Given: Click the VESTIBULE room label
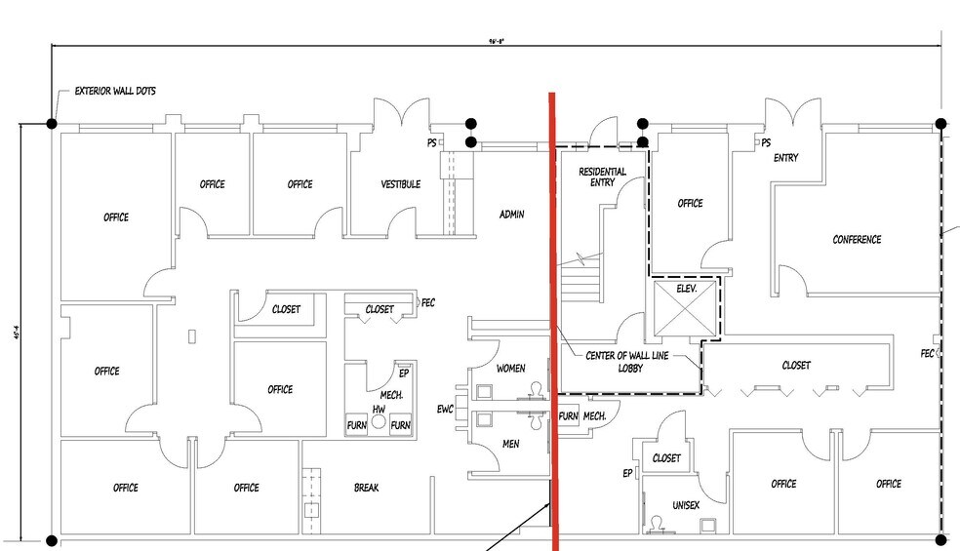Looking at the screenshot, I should pos(400,184).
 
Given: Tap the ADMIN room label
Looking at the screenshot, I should pos(512,215).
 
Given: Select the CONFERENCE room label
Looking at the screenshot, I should pos(857,240).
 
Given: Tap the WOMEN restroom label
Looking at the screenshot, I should pos(511,369).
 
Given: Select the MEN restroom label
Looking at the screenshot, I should pos(511,444).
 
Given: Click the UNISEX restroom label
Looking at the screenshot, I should pos(686,506).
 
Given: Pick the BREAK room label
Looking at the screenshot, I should pos(367,488).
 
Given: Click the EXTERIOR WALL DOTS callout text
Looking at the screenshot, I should pos(115,92).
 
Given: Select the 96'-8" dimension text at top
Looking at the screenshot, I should pos(497,41).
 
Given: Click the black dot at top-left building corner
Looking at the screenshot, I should pos(51,124).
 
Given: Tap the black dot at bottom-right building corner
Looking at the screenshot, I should pos(940,539).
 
